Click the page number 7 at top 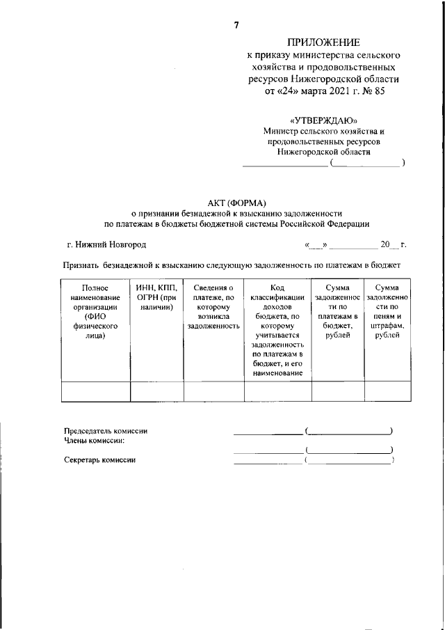pyautogui.click(x=236, y=25)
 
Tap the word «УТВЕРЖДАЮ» pyautogui.click(x=324, y=120)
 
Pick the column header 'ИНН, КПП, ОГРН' pyautogui.click(x=156, y=297)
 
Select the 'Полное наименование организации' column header pyautogui.click(x=95, y=311)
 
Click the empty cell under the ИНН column pyautogui.click(x=156, y=392)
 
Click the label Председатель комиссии pyautogui.click(x=106, y=432)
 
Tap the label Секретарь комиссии pyautogui.click(x=100, y=460)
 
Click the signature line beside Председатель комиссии pyautogui.click(x=268, y=433)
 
